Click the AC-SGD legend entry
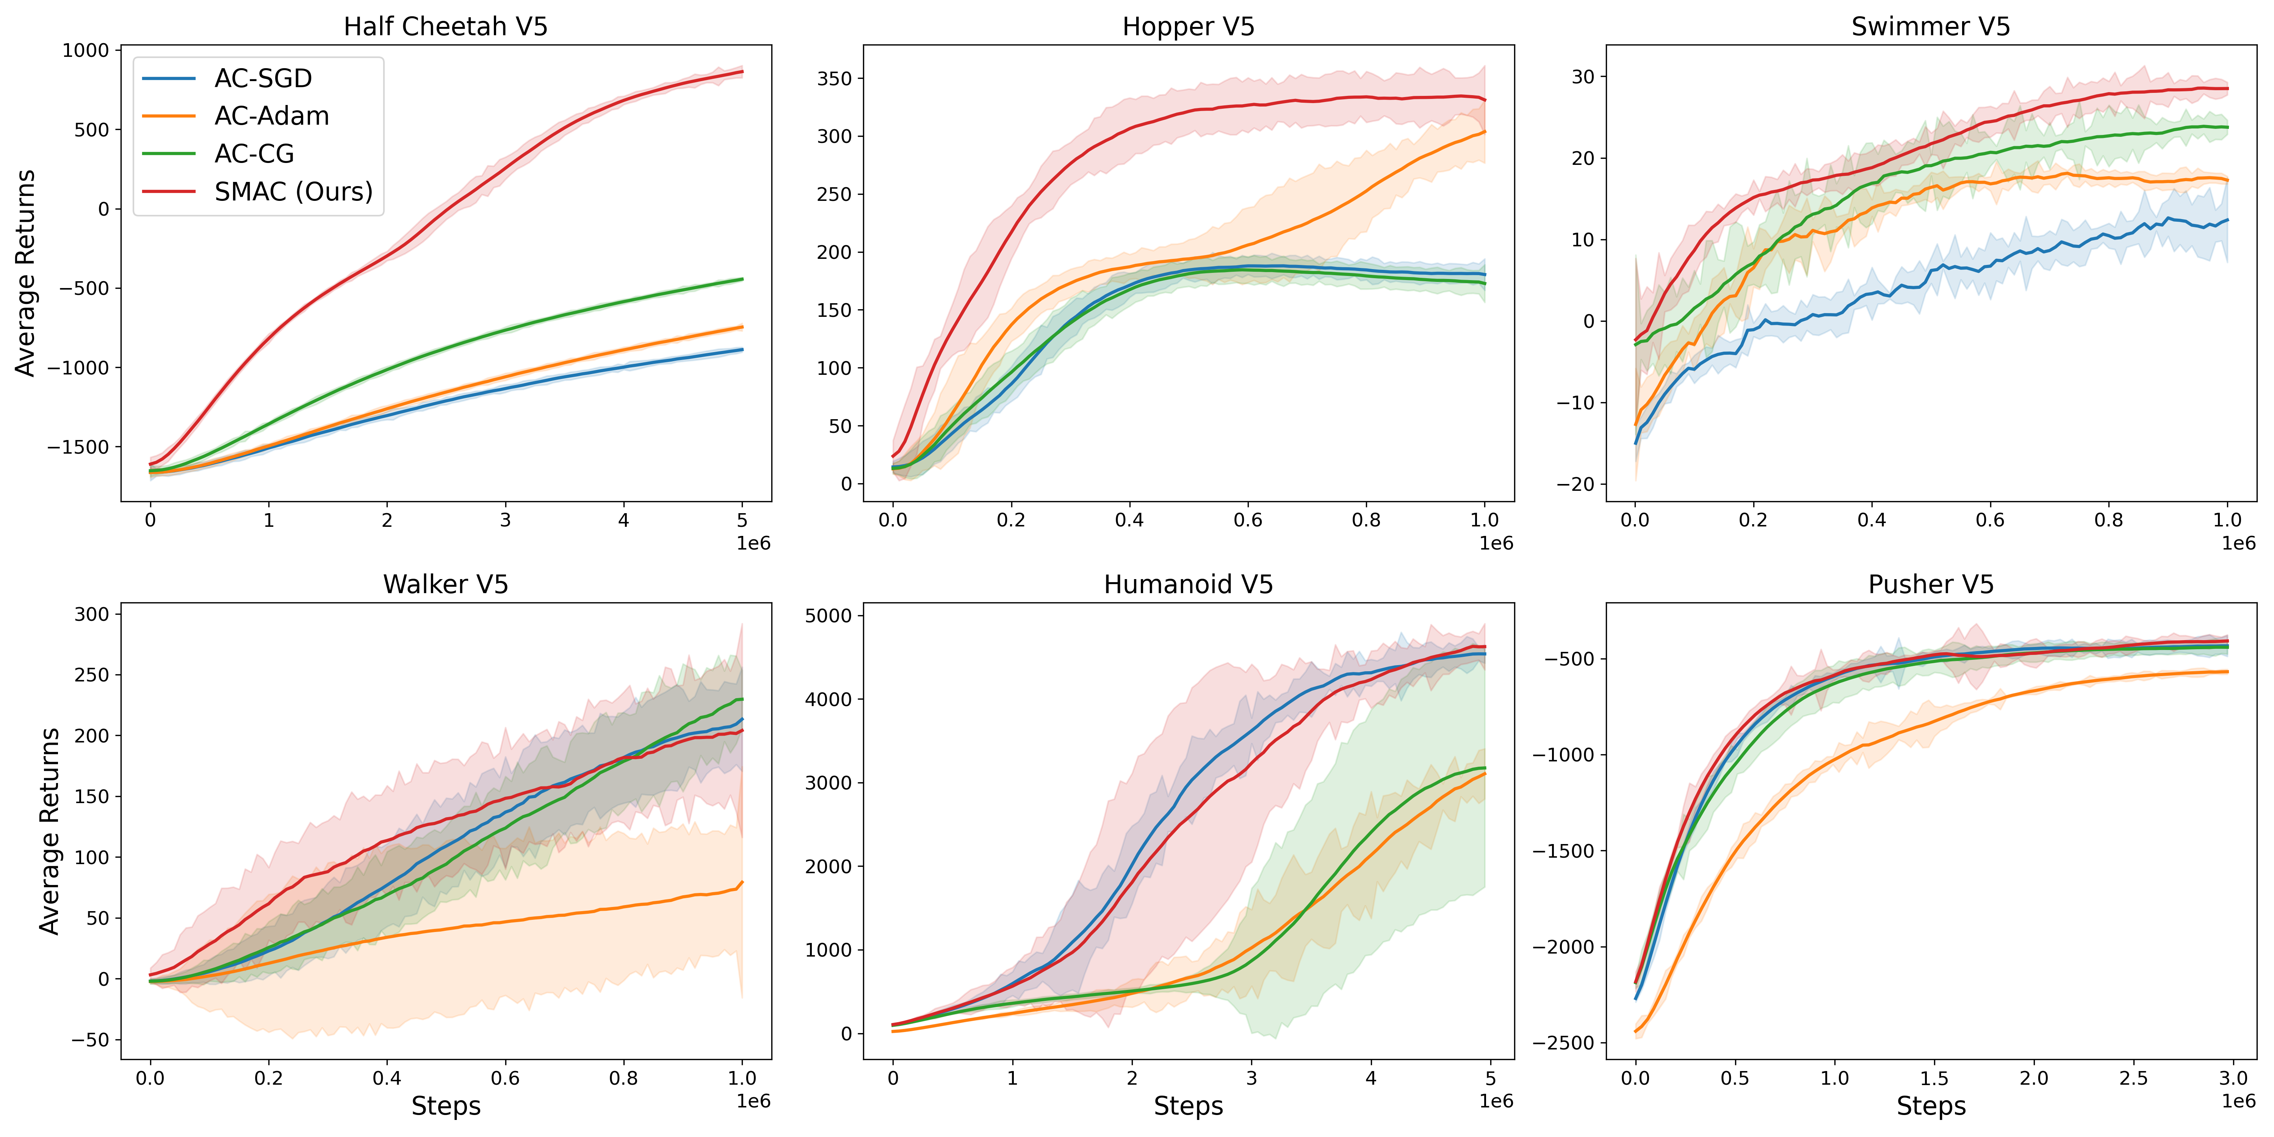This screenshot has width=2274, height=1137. tap(262, 78)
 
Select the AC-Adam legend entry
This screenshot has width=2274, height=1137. tap(271, 116)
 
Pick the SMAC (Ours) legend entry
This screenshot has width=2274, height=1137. tap(293, 191)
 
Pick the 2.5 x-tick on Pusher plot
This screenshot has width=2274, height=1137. tap(2134, 1078)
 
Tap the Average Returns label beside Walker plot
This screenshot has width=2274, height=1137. tap(49, 831)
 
